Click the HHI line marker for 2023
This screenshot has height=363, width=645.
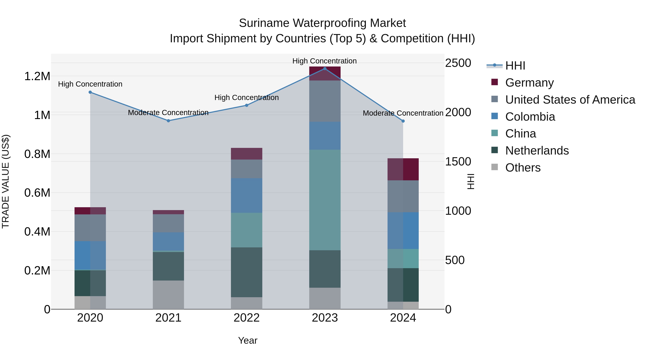pos(325,69)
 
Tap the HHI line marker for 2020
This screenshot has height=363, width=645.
pos(90,92)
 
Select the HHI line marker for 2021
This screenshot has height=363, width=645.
pos(168,121)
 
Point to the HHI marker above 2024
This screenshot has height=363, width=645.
pos(403,121)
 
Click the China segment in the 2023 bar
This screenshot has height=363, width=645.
pos(325,200)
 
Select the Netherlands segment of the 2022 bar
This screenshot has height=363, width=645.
pos(246,272)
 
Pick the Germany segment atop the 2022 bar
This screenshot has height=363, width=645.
pos(246,154)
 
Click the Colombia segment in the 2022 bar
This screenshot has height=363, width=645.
pos(246,195)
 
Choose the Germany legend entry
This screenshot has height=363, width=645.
pos(529,83)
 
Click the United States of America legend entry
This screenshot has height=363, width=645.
pos(570,100)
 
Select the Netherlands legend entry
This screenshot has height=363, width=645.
pos(537,151)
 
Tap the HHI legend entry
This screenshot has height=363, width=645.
pos(515,66)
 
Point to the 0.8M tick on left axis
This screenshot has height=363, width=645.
pos(37,154)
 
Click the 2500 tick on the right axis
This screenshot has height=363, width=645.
pos(458,63)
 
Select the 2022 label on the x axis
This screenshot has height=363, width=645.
pos(246,318)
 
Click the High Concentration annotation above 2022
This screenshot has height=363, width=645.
pos(246,98)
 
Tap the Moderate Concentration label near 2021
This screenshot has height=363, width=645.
pos(168,112)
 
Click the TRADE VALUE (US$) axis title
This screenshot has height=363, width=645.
pos(6,181)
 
